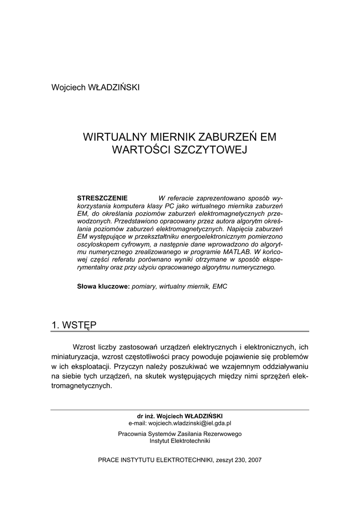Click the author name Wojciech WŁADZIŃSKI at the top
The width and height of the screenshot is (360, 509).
95,87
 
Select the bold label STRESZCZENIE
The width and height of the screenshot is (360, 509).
102,198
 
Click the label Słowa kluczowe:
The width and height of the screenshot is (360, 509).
103,286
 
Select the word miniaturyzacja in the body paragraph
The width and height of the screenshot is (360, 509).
76,356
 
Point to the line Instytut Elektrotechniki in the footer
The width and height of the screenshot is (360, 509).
180,440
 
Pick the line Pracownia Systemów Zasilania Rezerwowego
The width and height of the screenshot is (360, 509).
180,433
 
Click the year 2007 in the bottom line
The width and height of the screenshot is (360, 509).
254,460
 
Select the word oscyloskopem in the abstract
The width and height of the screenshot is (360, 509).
97,245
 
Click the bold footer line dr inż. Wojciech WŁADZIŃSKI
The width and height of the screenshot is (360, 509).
180,416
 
